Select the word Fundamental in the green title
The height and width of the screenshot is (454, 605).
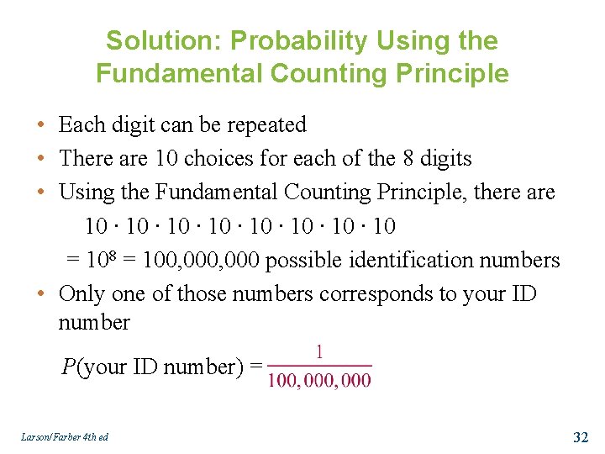[x=179, y=73]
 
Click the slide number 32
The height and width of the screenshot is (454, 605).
[x=580, y=436]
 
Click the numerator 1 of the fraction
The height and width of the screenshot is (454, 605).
[x=319, y=352]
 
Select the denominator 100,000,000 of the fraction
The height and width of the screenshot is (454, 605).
[x=319, y=380]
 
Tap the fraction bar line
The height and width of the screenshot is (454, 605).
[x=319, y=366]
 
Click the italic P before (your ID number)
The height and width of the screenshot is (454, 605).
[x=68, y=367]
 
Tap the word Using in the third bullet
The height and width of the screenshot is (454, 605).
[x=87, y=193]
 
